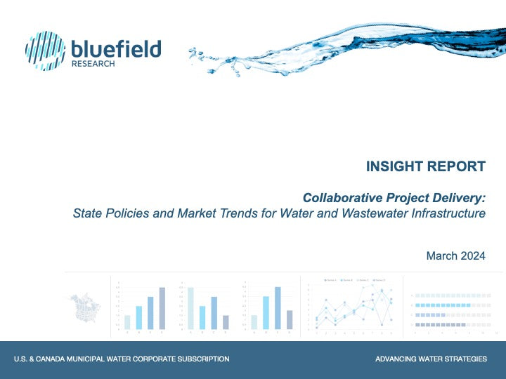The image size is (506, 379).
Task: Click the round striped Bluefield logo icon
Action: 46,51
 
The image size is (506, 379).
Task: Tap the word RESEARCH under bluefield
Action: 93,64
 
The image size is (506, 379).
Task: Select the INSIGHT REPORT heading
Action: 425,166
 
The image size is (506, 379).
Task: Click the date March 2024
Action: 455,256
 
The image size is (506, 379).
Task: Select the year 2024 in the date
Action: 472,256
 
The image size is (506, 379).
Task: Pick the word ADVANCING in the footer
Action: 397,359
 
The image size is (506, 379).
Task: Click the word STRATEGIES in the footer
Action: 462,359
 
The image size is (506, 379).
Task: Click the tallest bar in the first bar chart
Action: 162,308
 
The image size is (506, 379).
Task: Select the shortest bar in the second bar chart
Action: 226,322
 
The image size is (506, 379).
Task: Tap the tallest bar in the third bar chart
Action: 278,307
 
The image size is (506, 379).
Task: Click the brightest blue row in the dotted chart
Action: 443,305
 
